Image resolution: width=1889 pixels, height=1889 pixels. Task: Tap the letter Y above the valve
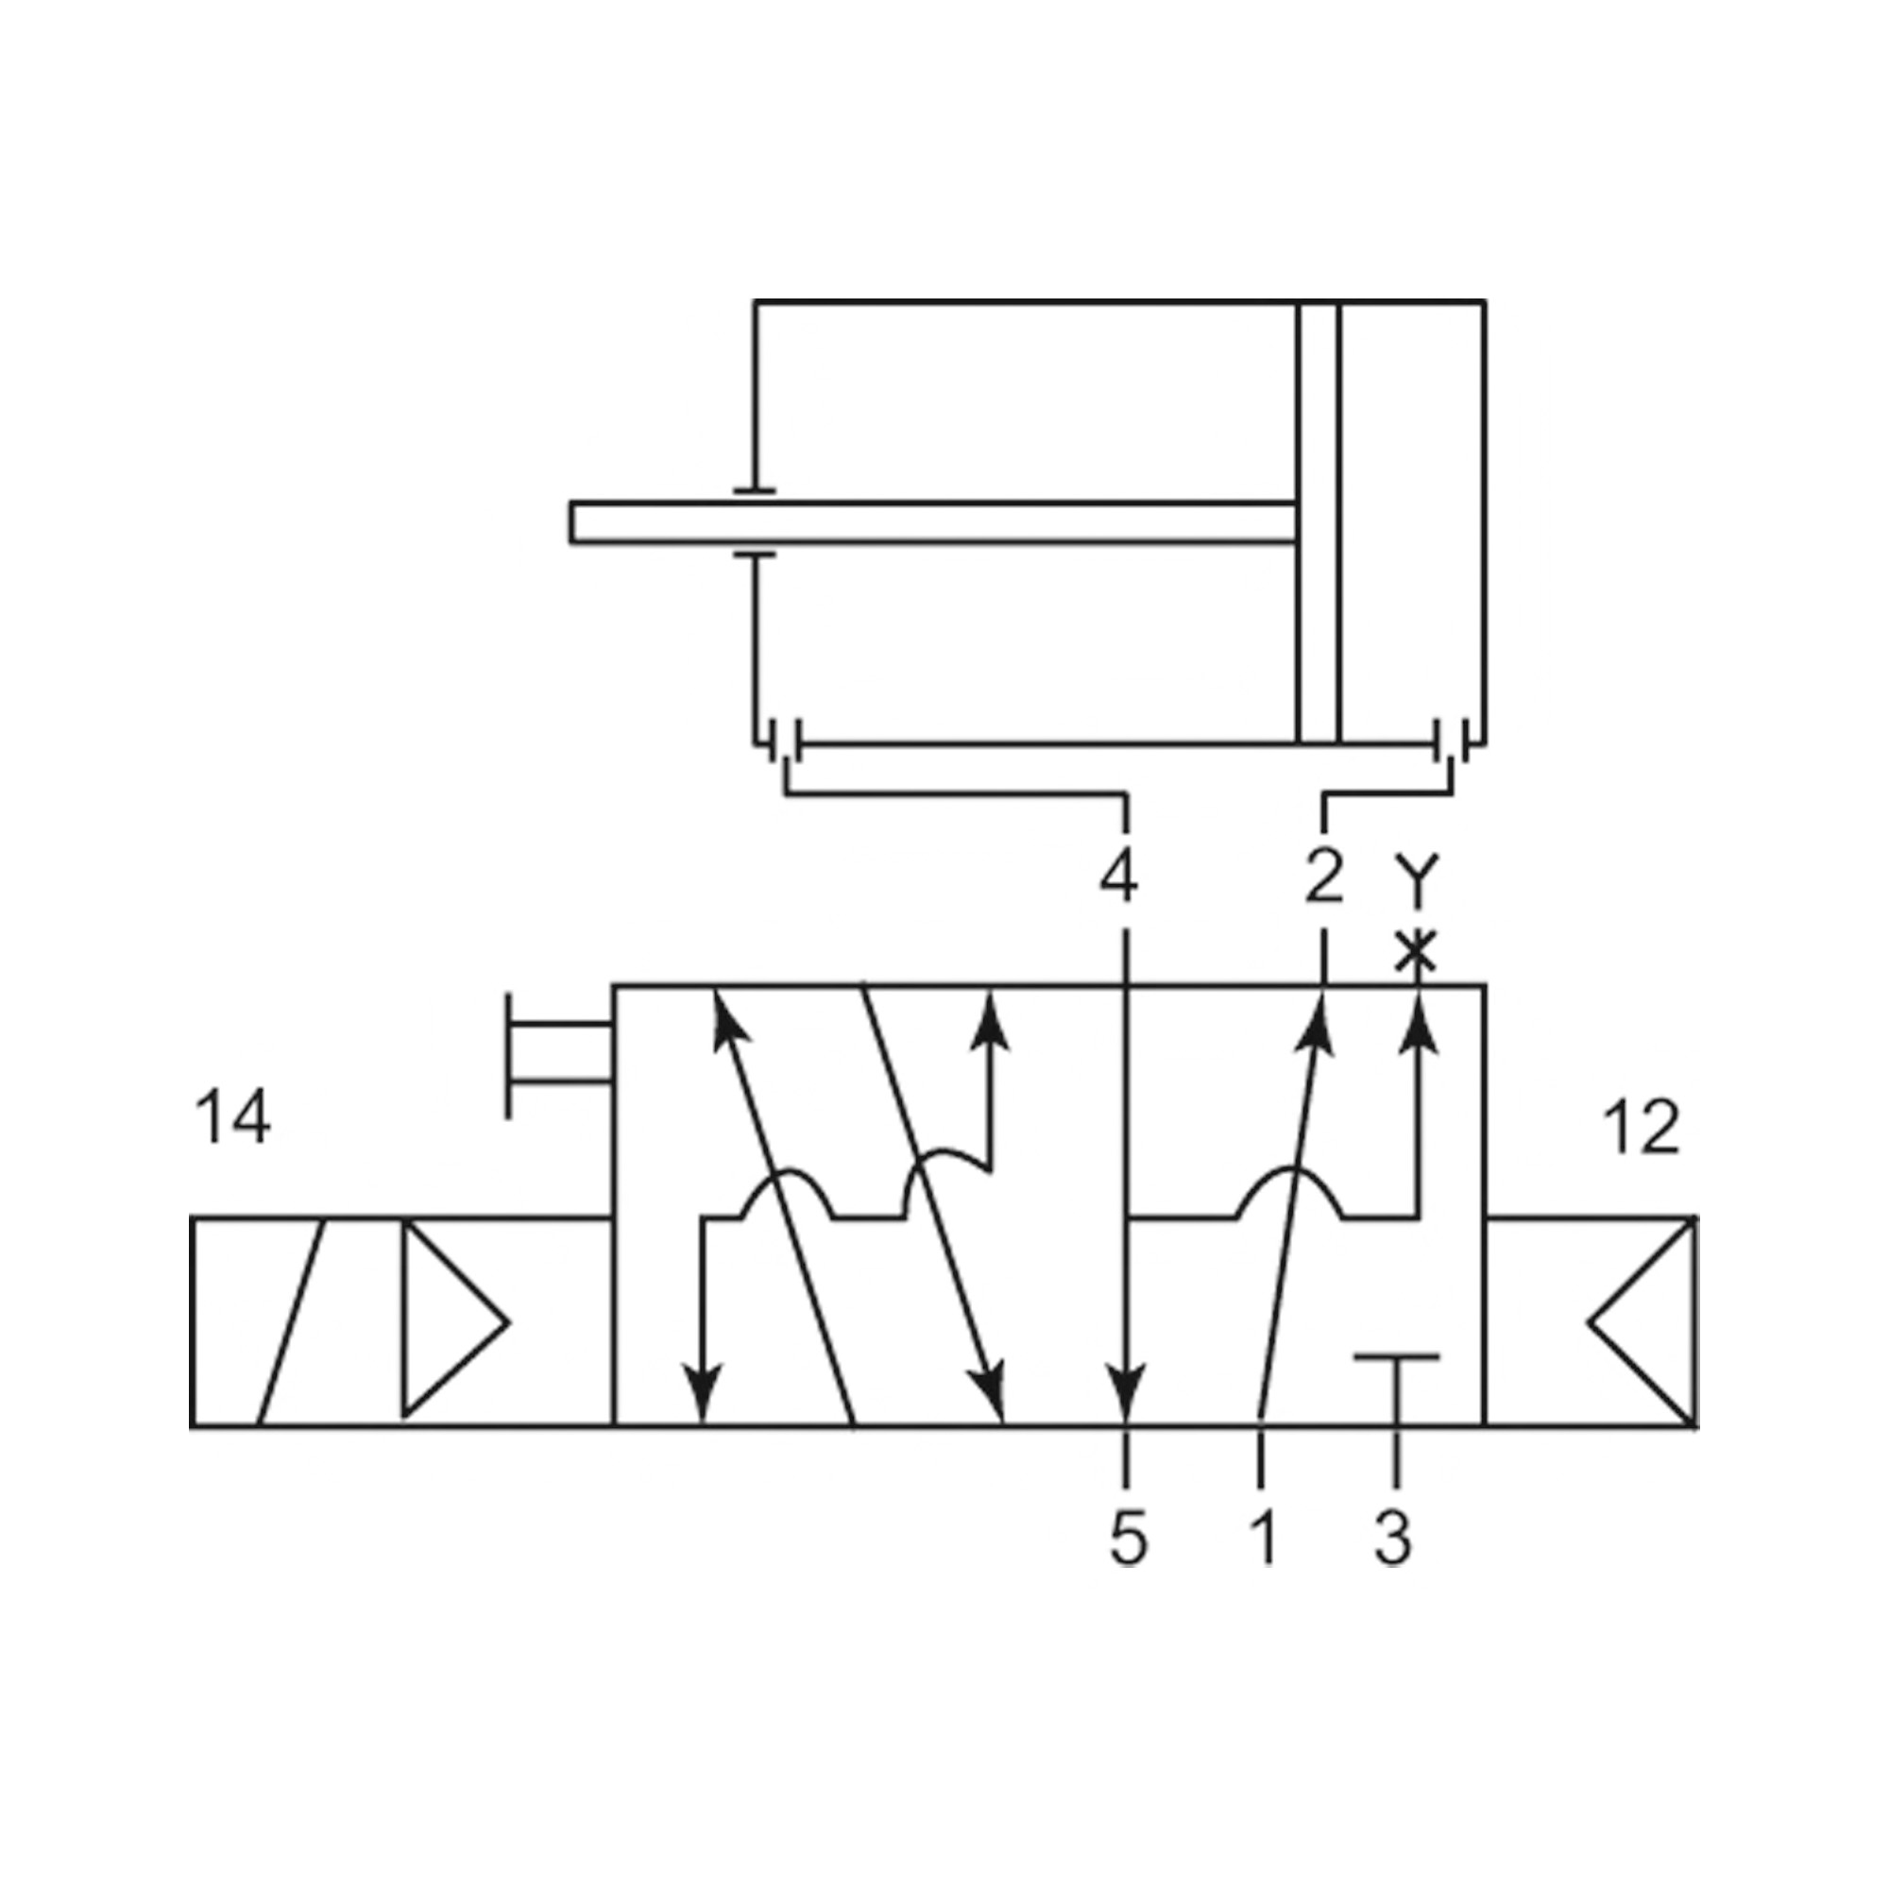click(1415, 876)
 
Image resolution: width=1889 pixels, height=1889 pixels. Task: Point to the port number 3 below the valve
click(1393, 1538)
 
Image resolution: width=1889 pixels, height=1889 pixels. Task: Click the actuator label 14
click(232, 1117)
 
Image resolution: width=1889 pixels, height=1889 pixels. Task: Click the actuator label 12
click(1641, 1128)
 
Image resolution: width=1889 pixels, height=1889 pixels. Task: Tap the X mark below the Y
click(1415, 951)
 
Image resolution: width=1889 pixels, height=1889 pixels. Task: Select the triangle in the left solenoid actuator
click(450, 1323)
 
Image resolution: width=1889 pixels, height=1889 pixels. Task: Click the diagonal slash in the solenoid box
click(291, 1323)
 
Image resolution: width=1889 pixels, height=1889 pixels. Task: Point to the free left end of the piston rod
click(577, 522)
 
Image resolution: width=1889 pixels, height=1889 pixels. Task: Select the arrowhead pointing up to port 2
click(1317, 1023)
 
